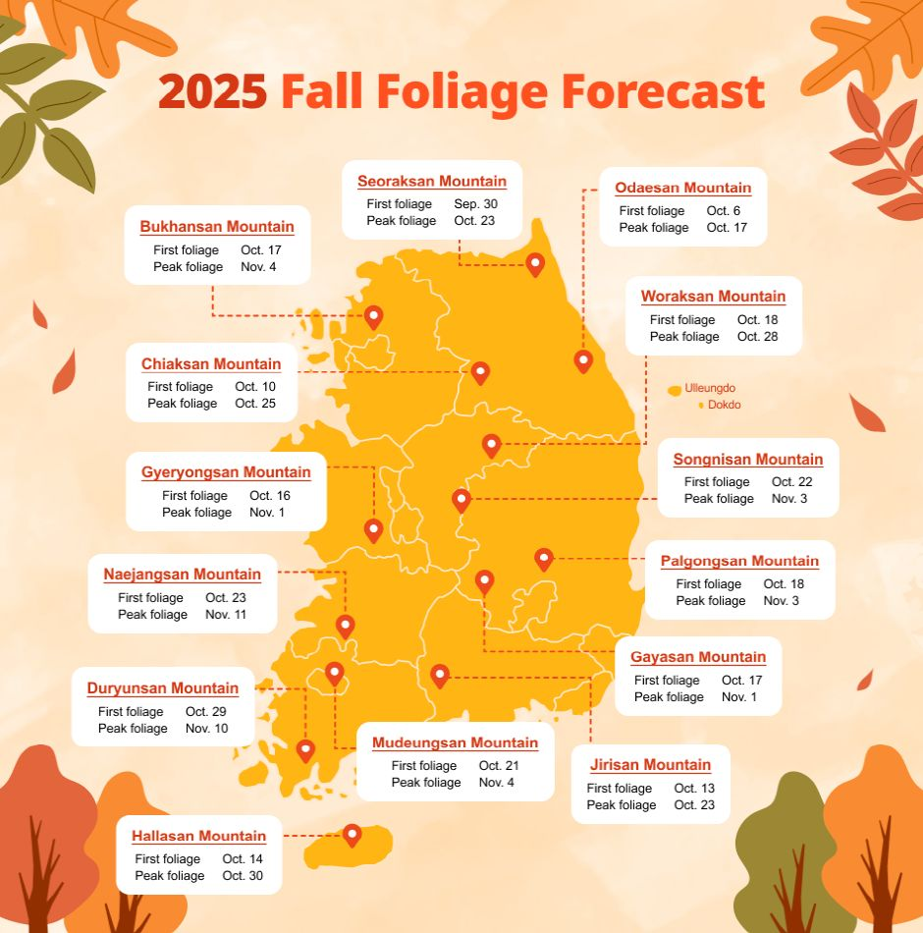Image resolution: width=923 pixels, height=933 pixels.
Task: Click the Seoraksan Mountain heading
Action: pyautogui.click(x=432, y=181)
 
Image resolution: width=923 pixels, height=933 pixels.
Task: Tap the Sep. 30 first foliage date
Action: pyautogui.click(x=475, y=204)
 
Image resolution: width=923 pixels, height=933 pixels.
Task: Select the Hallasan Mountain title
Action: pyautogui.click(x=199, y=836)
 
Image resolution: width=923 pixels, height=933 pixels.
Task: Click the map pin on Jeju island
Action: pyautogui.click(x=352, y=834)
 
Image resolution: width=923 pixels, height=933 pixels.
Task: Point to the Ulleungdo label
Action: pyautogui.click(x=710, y=388)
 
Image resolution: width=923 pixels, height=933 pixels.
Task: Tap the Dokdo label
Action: pyautogui.click(x=724, y=405)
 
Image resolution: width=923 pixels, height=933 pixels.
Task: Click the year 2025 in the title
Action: pyautogui.click(x=212, y=93)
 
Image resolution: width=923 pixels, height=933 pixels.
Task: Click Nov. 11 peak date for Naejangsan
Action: pyautogui.click(x=226, y=615)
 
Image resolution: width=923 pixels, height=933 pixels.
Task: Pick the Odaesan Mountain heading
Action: pyautogui.click(x=682, y=188)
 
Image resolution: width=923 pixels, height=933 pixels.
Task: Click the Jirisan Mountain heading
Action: pyautogui.click(x=650, y=765)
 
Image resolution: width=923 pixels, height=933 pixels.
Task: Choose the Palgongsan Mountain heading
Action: pyautogui.click(x=739, y=561)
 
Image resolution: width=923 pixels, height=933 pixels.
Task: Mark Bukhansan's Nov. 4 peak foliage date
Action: pyautogui.click(x=260, y=267)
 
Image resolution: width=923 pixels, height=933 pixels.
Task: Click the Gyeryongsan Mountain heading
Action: pyautogui.click(x=226, y=472)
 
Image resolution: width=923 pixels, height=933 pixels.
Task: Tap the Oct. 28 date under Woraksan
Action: pyautogui.click(x=756, y=337)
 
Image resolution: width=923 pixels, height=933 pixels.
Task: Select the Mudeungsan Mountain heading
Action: pyautogui.click(x=455, y=742)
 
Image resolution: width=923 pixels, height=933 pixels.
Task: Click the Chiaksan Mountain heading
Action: pyautogui.click(x=211, y=364)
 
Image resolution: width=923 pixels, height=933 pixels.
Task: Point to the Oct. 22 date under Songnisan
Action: pyautogui.click(x=791, y=482)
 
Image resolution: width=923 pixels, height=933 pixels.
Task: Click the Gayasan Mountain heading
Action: pyautogui.click(x=698, y=657)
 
